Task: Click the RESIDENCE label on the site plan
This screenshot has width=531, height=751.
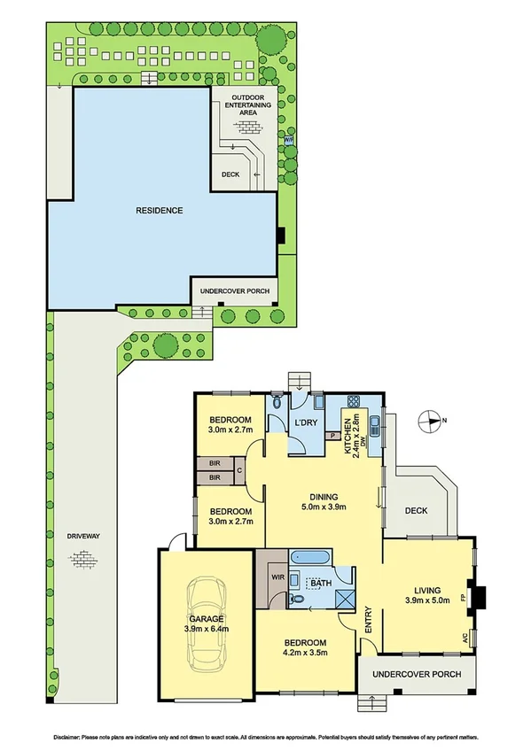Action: (x=160, y=211)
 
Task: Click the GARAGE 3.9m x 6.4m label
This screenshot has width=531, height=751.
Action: (x=204, y=623)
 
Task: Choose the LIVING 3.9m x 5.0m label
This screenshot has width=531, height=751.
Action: (x=427, y=594)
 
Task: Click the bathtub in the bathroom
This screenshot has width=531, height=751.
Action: (x=310, y=561)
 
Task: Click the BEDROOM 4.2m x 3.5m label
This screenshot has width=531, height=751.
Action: (x=305, y=648)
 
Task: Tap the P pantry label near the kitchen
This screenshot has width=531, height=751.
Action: (x=331, y=436)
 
